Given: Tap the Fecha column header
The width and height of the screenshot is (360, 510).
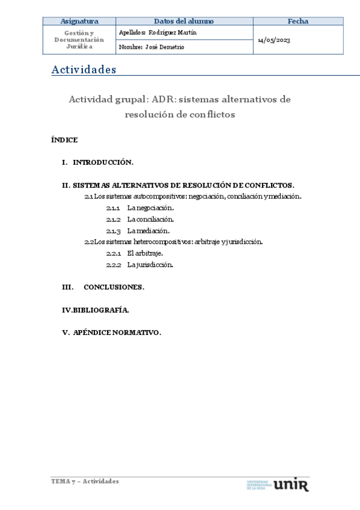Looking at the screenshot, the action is click(297, 21).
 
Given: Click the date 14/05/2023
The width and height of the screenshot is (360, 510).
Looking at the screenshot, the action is click(273, 40).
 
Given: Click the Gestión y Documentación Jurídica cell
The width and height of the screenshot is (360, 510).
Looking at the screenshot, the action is click(79, 39).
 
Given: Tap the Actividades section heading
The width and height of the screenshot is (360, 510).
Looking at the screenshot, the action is click(84, 70).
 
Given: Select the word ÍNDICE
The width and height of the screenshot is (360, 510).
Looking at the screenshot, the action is click(64, 140).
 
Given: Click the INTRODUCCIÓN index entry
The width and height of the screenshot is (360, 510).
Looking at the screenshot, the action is click(102, 162).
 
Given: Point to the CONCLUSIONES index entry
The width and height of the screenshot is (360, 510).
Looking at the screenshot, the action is click(114, 287).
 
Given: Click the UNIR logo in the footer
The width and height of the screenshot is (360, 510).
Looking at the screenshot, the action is click(290, 484).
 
